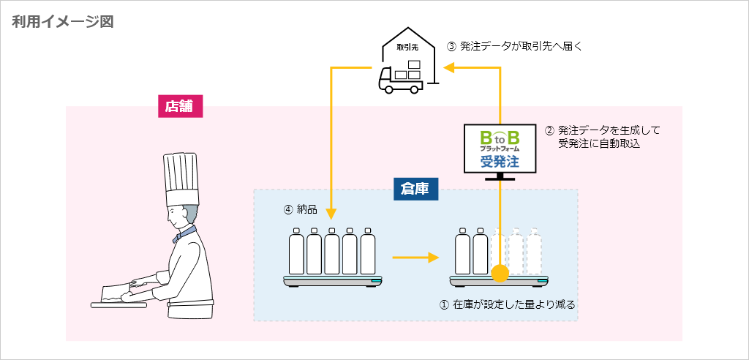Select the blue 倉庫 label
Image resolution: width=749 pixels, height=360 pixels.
point(415,189)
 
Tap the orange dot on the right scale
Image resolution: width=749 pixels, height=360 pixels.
point(500,274)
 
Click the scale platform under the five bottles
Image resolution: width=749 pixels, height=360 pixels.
point(332,281)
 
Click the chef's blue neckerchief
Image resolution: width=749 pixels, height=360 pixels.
point(185,233)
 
